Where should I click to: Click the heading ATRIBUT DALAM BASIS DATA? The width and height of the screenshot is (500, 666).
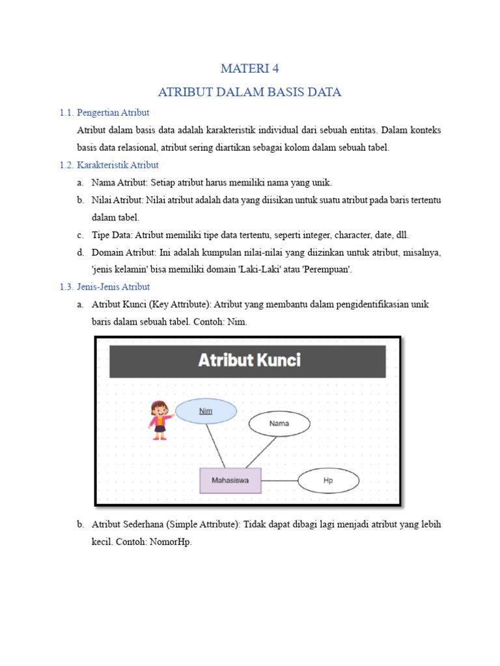coord(250,92)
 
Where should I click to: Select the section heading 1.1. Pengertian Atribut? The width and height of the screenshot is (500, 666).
coord(104,113)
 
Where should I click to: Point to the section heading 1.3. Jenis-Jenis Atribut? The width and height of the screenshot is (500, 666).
coord(104,286)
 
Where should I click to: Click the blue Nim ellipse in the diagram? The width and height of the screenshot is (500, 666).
coord(206,411)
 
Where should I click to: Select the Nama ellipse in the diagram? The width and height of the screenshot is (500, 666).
coord(279,424)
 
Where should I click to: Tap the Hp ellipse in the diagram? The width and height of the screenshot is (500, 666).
coord(328,481)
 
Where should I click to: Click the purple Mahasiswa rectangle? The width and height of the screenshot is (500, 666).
coord(230,481)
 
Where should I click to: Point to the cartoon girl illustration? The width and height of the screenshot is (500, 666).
coord(158,420)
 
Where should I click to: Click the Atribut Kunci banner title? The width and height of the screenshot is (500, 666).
coord(249,360)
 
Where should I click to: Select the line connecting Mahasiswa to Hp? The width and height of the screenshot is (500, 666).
coord(279,481)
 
